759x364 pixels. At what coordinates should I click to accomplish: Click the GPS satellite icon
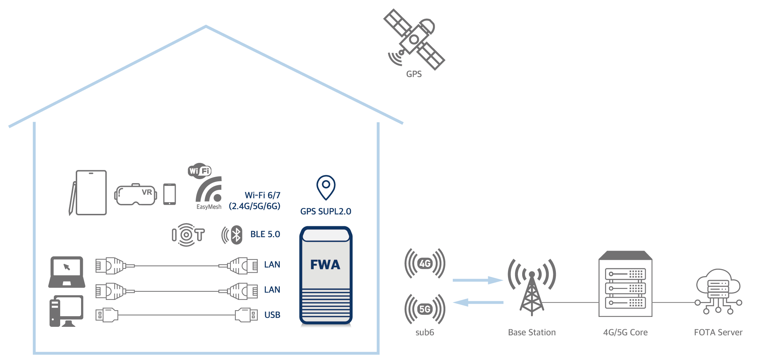coord(414,39)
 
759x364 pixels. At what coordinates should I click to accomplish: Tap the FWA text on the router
coord(325,265)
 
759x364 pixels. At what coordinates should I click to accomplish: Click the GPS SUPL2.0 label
coord(326,211)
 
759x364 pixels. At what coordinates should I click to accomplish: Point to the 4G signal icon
coord(425,263)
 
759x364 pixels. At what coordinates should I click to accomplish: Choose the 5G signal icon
coord(425,309)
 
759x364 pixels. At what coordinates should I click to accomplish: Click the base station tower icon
coord(532,287)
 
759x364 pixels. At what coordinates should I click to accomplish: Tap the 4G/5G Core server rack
coord(625,284)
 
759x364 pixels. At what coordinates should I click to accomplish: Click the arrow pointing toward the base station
coord(478,280)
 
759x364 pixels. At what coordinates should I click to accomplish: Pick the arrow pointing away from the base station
coord(478,302)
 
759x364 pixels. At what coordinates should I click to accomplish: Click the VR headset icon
coord(136,194)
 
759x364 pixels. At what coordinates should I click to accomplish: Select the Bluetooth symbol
coord(236,235)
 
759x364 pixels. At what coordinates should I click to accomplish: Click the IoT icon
coord(188,235)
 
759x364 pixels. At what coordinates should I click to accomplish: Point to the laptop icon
coord(67,272)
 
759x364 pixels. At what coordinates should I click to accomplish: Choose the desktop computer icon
coord(66,311)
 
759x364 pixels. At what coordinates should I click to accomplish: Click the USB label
coord(272,315)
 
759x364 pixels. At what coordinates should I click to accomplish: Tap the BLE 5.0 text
coord(265,234)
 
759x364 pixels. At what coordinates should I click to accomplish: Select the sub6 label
coord(425,332)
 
